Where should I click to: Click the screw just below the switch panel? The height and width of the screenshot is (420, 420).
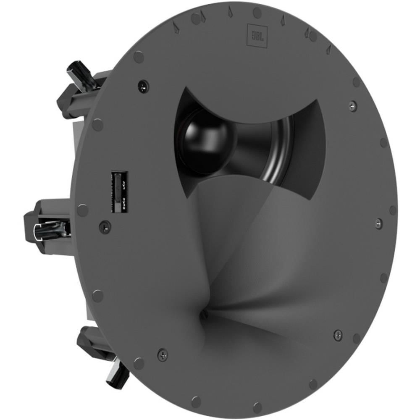[105, 227]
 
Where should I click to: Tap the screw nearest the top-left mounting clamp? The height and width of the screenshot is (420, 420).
[143, 86]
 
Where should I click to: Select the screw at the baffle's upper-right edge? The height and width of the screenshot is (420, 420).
[353, 105]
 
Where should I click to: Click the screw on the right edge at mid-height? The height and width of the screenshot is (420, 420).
[378, 223]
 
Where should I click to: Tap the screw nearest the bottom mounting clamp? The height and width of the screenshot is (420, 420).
[163, 354]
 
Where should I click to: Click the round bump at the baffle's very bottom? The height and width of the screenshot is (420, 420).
[257, 407]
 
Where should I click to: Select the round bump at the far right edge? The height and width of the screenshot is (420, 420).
[393, 210]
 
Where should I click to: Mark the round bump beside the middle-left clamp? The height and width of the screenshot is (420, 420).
[83, 210]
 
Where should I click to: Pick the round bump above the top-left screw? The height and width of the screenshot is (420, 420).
[138, 56]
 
